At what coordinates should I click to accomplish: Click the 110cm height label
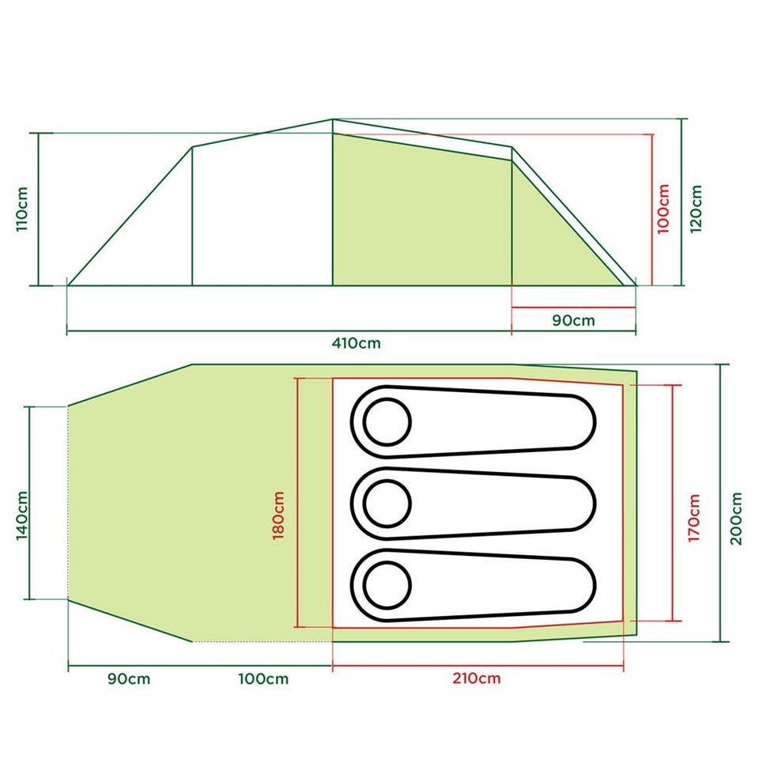[x=22, y=209]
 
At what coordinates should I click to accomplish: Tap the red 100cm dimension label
[x=663, y=209]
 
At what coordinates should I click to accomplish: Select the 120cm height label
[x=696, y=209]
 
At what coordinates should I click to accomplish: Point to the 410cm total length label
[x=357, y=343]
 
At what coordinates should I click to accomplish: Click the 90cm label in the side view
[x=574, y=320]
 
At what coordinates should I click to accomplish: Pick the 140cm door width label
[x=22, y=515]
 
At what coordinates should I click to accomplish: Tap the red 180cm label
[x=278, y=515]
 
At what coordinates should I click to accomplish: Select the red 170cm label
[x=693, y=517]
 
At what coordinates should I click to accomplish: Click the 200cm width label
[x=736, y=519]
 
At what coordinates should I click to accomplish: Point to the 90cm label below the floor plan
[x=129, y=678]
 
